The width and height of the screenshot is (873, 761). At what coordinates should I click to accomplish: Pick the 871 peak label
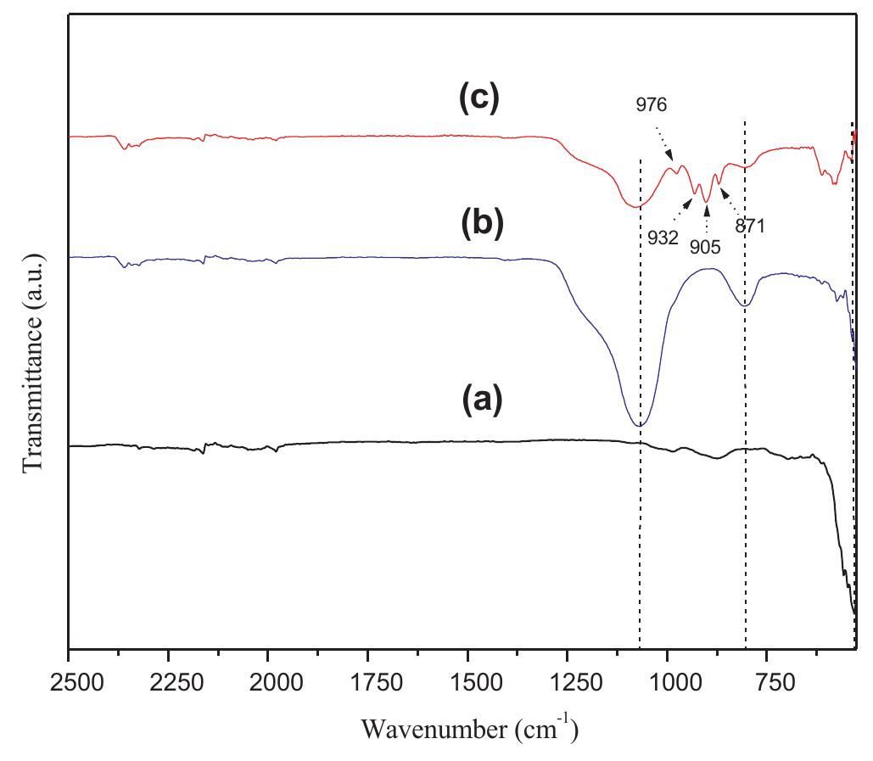tap(751, 227)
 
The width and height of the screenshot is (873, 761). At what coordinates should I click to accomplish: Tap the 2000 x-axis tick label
tap(268, 681)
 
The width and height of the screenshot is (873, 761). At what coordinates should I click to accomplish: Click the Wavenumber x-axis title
tap(469, 728)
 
